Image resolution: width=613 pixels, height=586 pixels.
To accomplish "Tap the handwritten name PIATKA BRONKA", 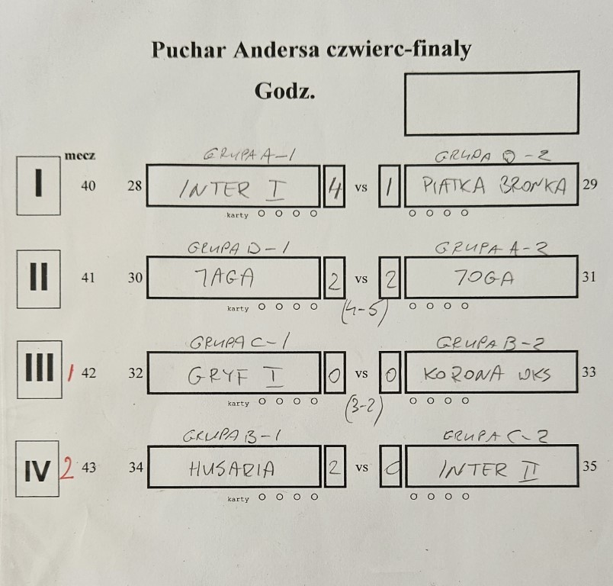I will [x=494, y=187].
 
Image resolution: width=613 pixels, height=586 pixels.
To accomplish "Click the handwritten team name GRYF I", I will [x=229, y=375].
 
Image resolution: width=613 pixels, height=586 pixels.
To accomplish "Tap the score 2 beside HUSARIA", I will [x=333, y=468].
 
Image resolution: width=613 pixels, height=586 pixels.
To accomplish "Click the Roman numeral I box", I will [x=38, y=186].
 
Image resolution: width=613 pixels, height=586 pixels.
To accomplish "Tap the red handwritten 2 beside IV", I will [x=67, y=468].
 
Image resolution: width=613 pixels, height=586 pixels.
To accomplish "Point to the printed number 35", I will [x=589, y=465].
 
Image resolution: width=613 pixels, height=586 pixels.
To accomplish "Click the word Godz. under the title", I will [x=284, y=92].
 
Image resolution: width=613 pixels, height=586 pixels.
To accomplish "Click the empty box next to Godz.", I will [x=491, y=103].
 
